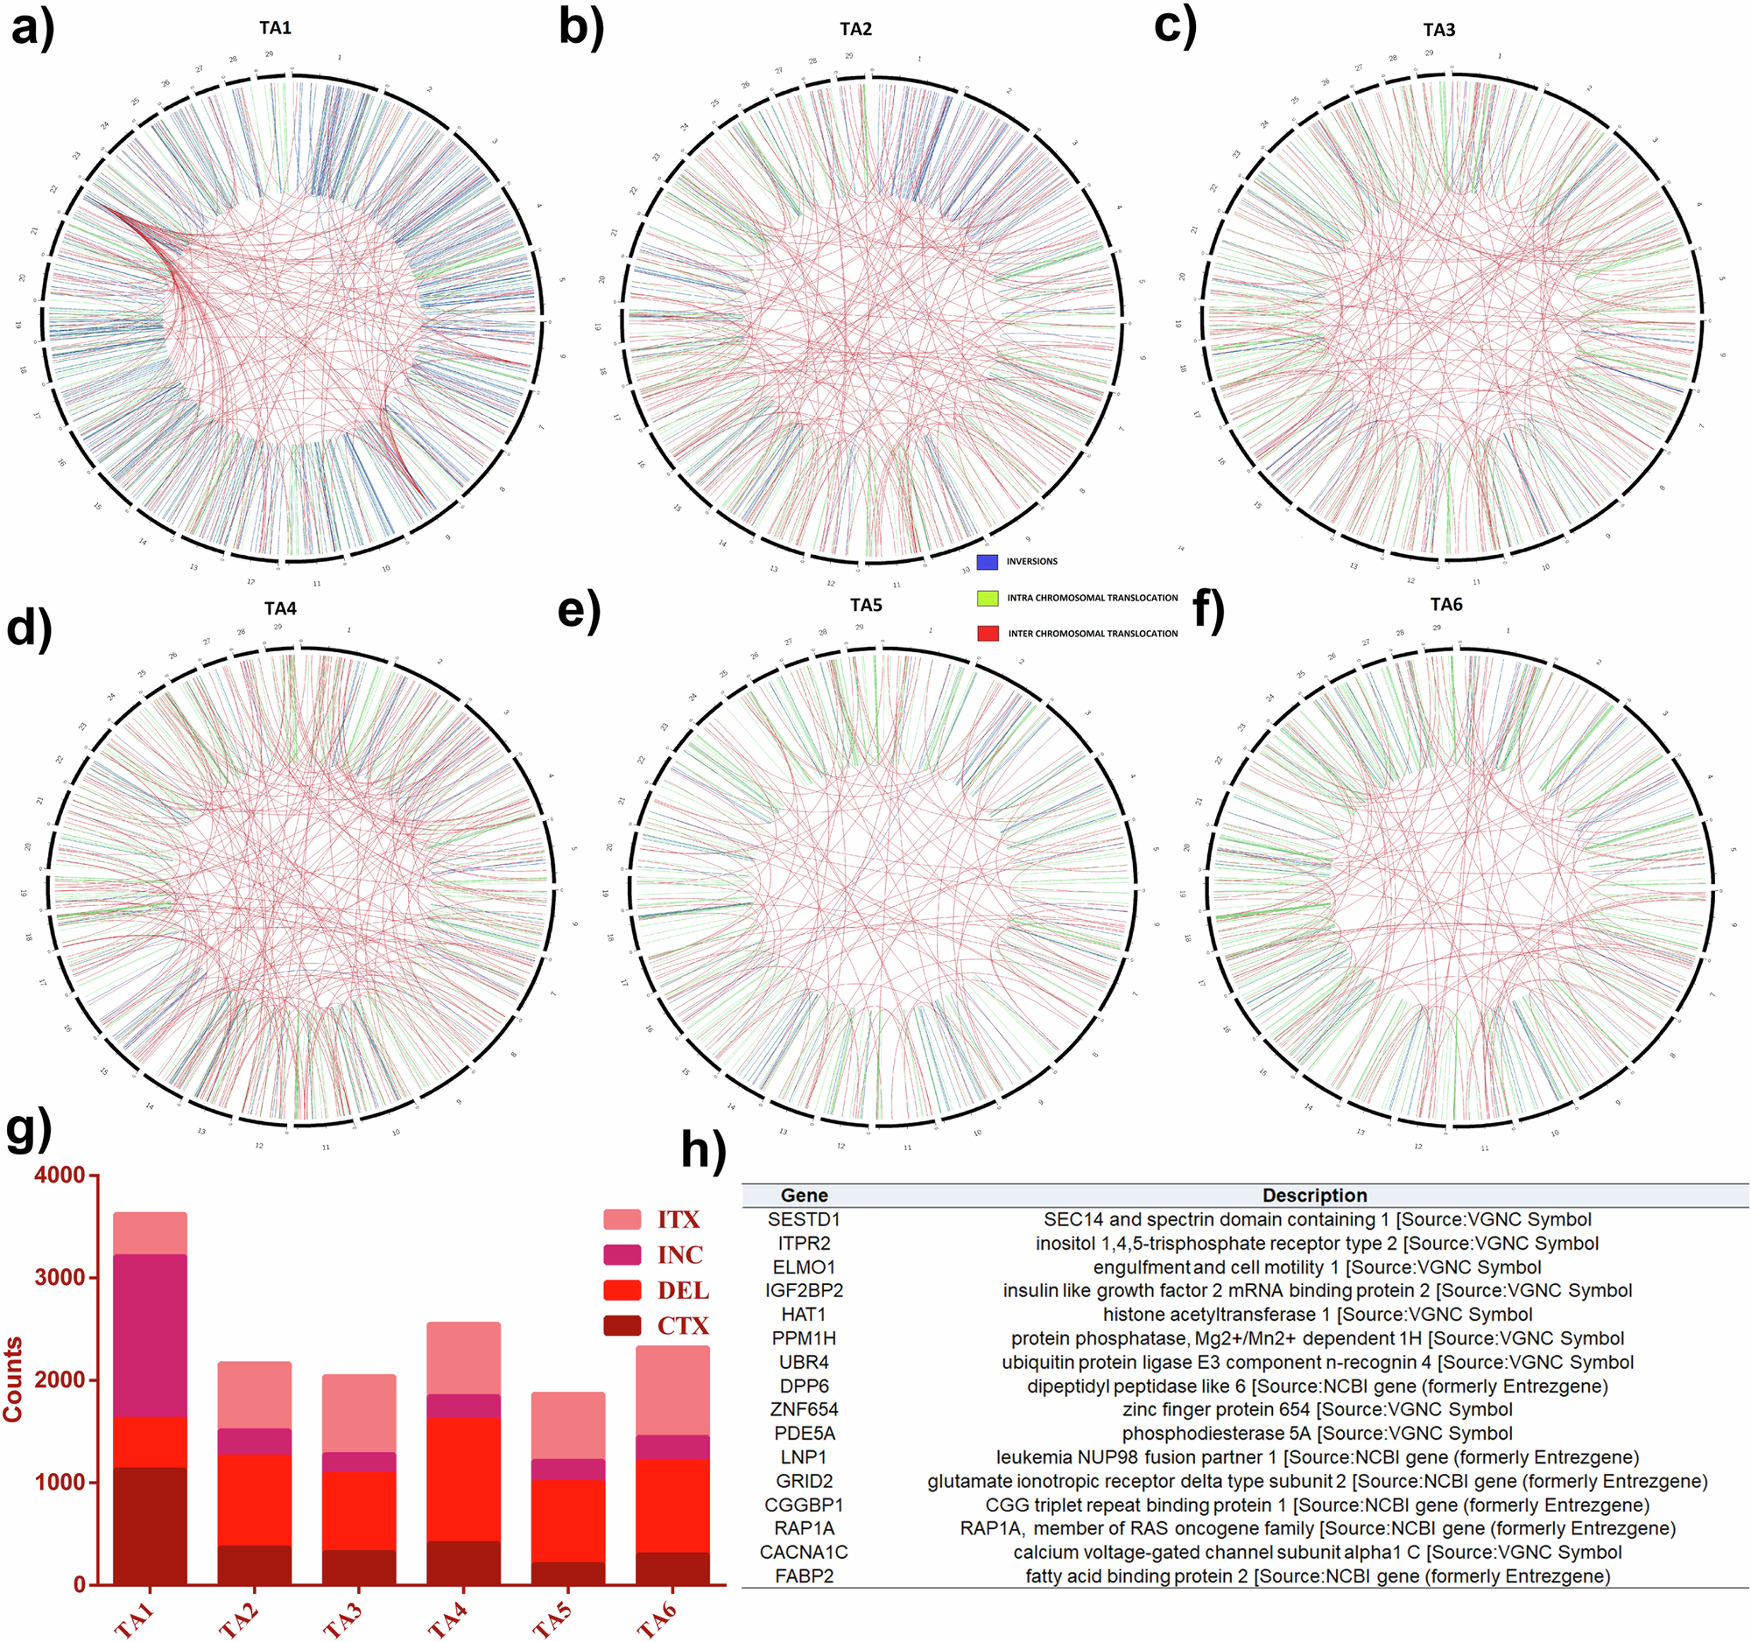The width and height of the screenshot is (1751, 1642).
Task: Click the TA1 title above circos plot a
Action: point(275,28)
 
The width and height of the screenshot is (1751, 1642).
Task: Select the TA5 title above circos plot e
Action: point(865,605)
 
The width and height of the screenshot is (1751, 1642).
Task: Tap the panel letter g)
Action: point(28,1130)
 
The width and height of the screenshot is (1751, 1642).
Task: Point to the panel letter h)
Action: point(704,1148)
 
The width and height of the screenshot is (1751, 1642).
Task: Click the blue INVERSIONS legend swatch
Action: point(988,562)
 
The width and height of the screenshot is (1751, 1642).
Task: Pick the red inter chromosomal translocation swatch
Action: point(988,633)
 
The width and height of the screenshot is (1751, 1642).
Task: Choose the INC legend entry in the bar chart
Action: point(679,1254)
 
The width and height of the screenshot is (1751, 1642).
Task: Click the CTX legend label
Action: point(683,1325)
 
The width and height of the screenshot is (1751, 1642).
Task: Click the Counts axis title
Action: point(13,1379)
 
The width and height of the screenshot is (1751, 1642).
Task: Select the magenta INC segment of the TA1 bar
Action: point(150,1335)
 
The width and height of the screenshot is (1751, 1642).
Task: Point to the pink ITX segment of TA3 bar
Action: point(358,1413)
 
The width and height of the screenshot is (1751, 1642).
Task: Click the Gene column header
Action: point(805,1196)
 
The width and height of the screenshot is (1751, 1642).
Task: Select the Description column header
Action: point(1314,1196)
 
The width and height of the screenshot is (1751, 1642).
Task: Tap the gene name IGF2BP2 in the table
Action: point(805,1291)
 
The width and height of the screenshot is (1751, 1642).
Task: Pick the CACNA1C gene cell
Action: point(805,1552)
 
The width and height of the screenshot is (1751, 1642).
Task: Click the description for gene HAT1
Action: point(1317,1315)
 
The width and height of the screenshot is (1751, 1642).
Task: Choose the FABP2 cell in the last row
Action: point(805,1576)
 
